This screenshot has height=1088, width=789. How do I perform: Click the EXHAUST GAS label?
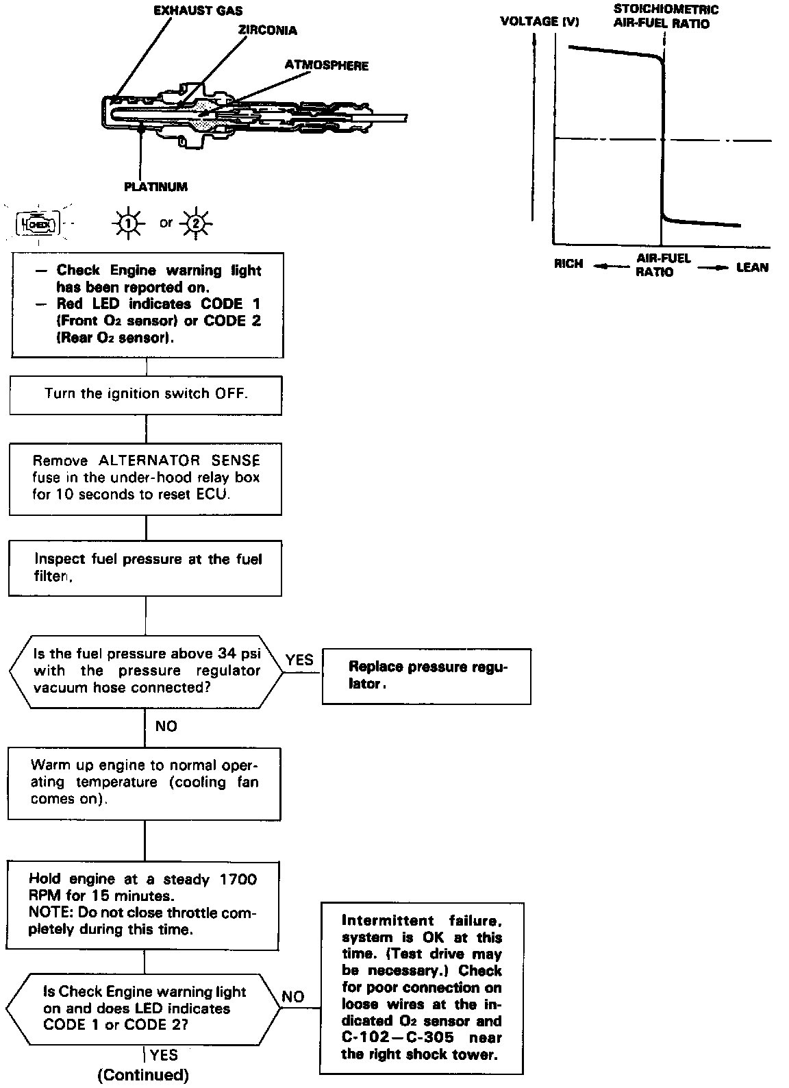pos(198,11)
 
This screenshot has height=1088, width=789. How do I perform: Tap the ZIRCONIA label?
pos(268,31)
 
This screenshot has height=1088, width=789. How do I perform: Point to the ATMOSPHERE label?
pos(327,66)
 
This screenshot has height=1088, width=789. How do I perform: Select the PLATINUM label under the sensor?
pos(155,186)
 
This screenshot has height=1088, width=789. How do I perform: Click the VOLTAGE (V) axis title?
pos(540,21)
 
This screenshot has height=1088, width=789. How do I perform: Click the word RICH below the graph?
pos(568,264)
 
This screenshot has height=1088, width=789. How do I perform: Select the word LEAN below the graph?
pos(752,267)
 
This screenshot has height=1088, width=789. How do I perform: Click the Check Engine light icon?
pos(38,223)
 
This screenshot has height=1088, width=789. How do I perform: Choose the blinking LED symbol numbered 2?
pos(197,223)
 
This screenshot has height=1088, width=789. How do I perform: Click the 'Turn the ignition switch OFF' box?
pos(146,394)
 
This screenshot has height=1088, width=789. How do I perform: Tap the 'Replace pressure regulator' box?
pos(426,676)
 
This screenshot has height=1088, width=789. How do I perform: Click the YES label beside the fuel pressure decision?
pos(299,660)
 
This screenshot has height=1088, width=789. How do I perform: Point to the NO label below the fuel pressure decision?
pos(166,726)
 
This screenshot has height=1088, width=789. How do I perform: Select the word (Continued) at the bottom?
pos(143,1075)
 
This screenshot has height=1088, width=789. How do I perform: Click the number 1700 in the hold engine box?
pos(238,879)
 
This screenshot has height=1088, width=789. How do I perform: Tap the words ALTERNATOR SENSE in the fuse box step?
pos(179,461)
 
